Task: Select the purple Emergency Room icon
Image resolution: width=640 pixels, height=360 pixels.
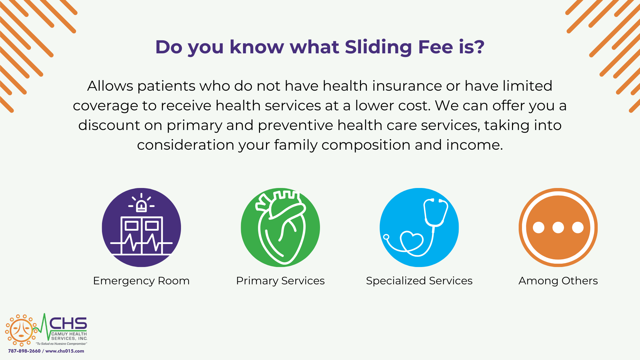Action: tap(141, 227)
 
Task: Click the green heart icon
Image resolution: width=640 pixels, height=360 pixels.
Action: tap(280, 227)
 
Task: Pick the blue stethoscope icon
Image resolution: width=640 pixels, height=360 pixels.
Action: tap(419, 227)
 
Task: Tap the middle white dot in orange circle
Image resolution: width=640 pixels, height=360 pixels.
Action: tap(558, 228)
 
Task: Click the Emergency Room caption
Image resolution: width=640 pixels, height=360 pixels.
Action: tap(141, 281)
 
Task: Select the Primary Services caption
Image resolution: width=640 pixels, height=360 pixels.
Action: tap(280, 281)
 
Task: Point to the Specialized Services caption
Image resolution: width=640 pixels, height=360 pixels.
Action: tap(419, 281)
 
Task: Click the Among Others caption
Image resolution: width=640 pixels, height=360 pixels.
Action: tap(558, 281)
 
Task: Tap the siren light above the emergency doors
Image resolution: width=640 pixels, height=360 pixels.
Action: tap(141, 203)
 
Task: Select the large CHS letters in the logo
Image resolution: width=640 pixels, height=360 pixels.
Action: tap(68, 323)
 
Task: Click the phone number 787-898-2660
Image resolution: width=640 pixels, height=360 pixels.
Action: tap(24, 351)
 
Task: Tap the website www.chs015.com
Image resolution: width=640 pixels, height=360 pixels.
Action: tap(65, 351)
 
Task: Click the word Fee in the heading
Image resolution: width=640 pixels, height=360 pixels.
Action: tap(436, 47)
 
